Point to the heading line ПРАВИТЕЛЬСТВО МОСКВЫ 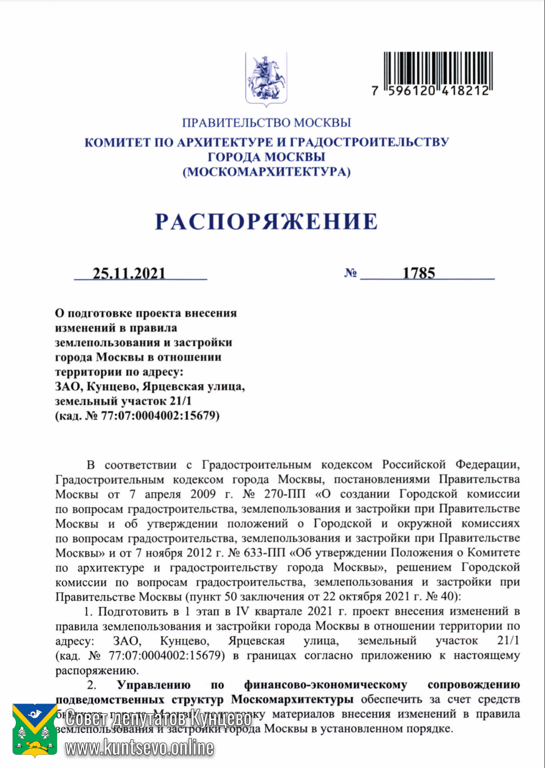point(266,122)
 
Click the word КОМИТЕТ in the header point(117,142)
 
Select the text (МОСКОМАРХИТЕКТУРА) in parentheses point(266,172)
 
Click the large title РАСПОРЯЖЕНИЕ point(266,222)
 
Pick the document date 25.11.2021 point(129,273)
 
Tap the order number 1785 point(419,273)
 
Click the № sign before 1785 point(350,273)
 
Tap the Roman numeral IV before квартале point(242,611)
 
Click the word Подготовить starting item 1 point(133,611)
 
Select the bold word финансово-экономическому point(326,685)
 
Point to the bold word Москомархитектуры point(292,700)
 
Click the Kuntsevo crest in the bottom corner point(35,730)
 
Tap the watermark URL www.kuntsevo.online point(139,748)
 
